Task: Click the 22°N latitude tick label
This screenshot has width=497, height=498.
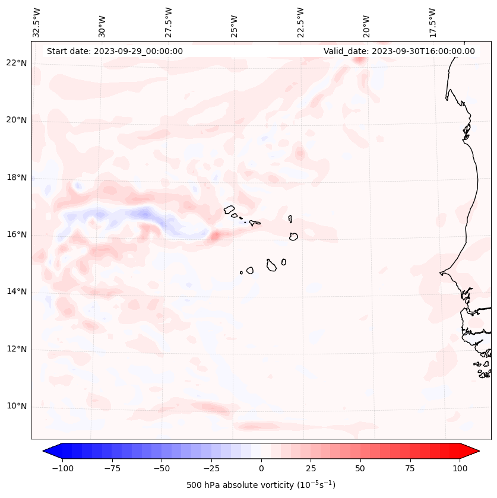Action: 17,63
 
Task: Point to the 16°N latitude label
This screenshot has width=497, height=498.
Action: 17,234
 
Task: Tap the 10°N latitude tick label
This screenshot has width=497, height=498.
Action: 17,407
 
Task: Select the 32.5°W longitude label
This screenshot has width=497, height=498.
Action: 37,22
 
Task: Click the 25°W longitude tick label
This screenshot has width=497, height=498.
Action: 235,22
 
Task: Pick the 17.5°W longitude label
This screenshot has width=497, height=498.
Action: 432,22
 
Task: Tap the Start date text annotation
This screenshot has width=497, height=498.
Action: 115,51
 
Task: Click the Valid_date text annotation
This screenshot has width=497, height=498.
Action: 399,51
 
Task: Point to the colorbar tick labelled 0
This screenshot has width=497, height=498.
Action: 261,468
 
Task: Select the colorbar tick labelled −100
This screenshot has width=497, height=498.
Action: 62,468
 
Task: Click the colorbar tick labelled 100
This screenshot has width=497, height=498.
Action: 460,468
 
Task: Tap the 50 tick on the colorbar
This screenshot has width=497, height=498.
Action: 360,468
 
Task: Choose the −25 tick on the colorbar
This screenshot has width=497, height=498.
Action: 211,468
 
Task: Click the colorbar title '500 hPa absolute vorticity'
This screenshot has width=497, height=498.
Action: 261,485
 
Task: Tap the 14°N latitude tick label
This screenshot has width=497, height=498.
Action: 17,291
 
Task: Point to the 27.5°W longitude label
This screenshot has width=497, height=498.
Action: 169,22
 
